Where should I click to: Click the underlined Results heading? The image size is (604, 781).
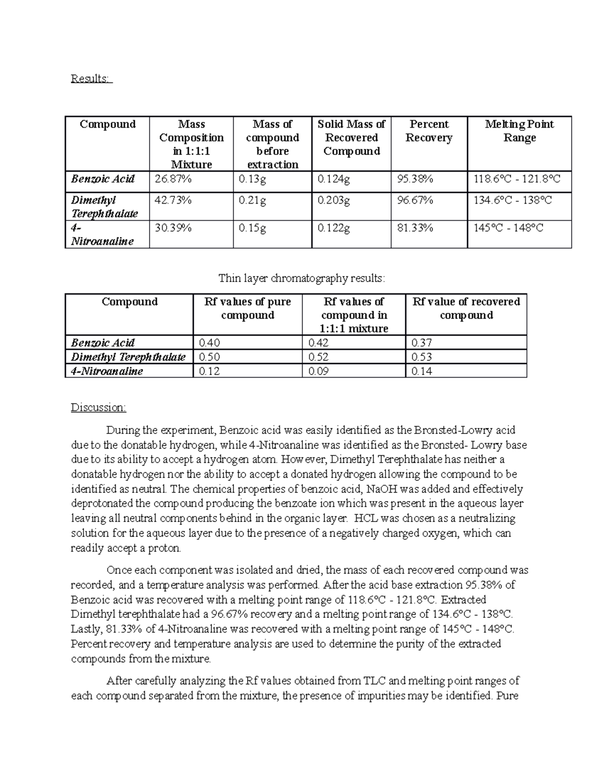pyautogui.click(x=92, y=79)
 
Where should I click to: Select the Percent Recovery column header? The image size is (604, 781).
pyautogui.click(x=429, y=131)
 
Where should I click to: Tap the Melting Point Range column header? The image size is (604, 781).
pyautogui.click(x=519, y=131)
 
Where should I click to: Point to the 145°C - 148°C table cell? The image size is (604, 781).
pyautogui.click(x=508, y=228)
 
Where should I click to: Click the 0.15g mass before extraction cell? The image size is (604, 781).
pyautogui.click(x=253, y=228)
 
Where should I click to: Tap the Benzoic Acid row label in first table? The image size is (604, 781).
pyautogui.click(x=103, y=179)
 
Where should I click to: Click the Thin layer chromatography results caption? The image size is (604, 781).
pyautogui.click(x=301, y=278)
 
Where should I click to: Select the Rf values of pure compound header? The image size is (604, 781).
pyautogui.click(x=248, y=308)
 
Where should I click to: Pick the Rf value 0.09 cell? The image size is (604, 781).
pyautogui.click(x=318, y=372)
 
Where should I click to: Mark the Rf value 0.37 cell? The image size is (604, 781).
pyautogui.click(x=421, y=343)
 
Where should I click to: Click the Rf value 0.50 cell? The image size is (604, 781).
pyautogui.click(x=209, y=357)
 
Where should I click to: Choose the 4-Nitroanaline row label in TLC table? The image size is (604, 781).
pyautogui.click(x=107, y=372)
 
